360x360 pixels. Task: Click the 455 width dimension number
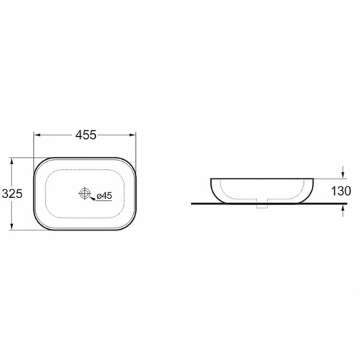click(x=86, y=135)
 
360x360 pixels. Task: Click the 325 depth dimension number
click(x=12, y=194)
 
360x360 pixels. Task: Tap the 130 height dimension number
click(x=341, y=191)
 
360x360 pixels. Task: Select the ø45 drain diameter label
click(x=104, y=196)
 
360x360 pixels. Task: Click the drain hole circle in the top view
click(x=85, y=193)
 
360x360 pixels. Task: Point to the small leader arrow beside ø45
click(x=92, y=199)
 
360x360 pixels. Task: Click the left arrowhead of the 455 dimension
click(x=37, y=135)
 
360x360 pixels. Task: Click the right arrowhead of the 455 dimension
click(x=132, y=135)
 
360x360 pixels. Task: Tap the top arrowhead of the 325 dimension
click(x=12, y=161)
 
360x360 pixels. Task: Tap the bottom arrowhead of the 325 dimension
click(x=12, y=227)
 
